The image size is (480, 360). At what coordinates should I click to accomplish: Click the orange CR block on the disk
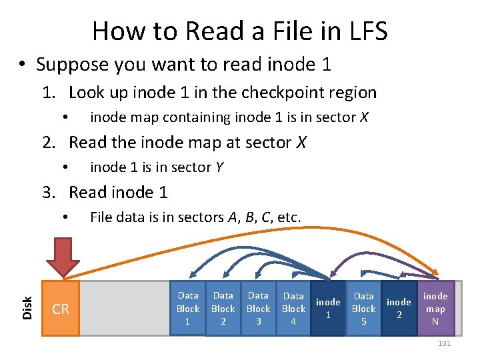click(61, 309)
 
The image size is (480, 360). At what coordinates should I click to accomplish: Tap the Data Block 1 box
click(188, 309)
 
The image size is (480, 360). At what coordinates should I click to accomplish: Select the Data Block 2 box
click(223, 309)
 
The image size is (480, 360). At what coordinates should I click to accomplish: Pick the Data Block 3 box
click(258, 309)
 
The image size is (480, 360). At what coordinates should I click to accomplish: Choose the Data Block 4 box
click(293, 309)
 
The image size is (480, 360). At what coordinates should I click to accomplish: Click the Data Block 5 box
click(363, 309)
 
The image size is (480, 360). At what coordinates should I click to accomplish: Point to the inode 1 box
click(328, 309)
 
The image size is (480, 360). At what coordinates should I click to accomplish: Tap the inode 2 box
click(399, 309)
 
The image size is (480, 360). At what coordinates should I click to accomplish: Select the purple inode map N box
click(435, 309)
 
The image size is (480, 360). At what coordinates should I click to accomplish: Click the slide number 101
click(444, 343)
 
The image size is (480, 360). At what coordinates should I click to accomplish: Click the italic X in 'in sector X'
click(363, 117)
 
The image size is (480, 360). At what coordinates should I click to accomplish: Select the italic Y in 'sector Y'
click(219, 167)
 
